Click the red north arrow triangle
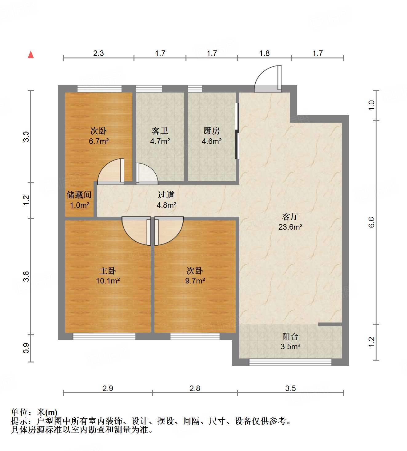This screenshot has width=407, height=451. point(31,55)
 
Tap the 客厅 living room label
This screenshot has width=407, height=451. point(290,217)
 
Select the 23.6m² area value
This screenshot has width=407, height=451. point(290,227)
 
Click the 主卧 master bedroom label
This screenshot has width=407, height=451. point(108,271)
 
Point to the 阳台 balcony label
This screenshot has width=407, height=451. point(290,337)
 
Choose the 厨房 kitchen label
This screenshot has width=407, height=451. point(212,131)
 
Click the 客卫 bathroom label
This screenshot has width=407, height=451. point(160,131)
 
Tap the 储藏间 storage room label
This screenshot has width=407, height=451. point(79,195)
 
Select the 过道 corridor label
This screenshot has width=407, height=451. point(166,195)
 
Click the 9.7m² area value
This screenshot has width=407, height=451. point(195,281)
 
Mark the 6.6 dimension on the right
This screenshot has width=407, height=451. point(372,222)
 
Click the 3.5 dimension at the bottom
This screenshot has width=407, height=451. point(290,388)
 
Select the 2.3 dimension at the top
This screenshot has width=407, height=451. point(98,53)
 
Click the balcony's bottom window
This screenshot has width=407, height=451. point(290,362)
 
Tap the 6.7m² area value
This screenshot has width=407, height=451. point(99,141)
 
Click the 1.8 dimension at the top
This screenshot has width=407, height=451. point(264,53)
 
